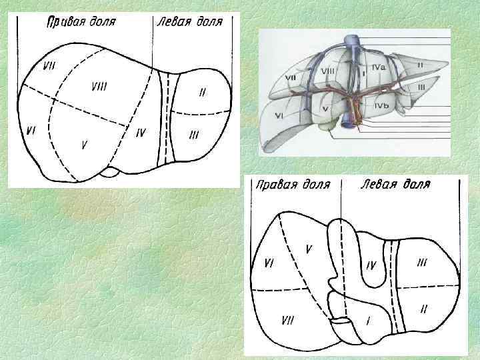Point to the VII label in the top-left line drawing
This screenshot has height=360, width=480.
(49, 65)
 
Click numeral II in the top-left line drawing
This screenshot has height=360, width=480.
(202, 92)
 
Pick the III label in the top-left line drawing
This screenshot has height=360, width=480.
(194, 135)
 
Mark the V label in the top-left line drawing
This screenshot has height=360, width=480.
(83, 144)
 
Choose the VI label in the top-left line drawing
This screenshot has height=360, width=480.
(31, 131)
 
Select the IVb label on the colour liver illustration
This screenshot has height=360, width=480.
(381, 105)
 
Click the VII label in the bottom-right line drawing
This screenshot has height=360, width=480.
(288, 321)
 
